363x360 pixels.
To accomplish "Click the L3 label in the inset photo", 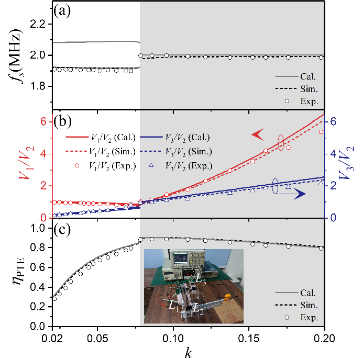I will pyautogui.click(x=199, y=279).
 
